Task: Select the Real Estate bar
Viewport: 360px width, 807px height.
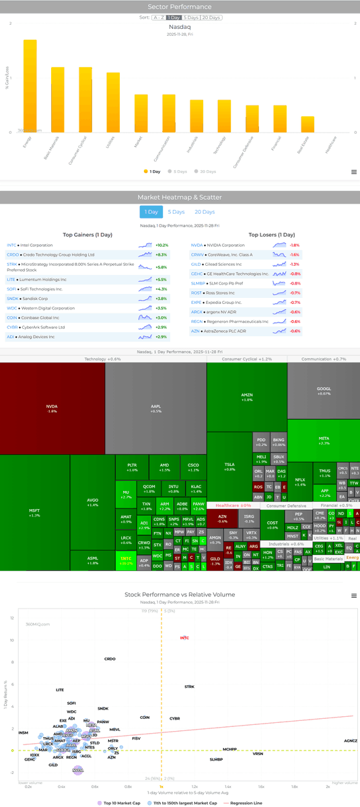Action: coord(307,125)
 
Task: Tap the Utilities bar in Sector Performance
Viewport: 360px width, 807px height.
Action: coord(113,103)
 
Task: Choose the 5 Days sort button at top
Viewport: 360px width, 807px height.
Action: coord(192,17)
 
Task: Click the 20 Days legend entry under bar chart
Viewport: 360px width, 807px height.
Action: coord(204,171)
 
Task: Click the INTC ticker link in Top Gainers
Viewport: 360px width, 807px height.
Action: coord(11,245)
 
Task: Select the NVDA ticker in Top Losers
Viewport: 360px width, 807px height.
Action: coord(196,245)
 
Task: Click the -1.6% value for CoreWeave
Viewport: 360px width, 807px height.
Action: coord(294,255)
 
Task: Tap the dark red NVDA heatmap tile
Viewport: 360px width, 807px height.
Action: coord(52,408)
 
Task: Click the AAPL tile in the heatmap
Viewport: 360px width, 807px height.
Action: coord(155,408)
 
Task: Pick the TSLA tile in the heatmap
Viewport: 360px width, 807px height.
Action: coord(229,466)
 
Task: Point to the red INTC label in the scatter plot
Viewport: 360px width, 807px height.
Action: coord(184,638)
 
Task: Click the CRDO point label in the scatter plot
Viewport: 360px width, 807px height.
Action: coord(110,659)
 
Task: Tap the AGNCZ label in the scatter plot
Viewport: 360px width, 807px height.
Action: coord(351,741)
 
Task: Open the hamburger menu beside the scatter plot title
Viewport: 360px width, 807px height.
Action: coord(354,596)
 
